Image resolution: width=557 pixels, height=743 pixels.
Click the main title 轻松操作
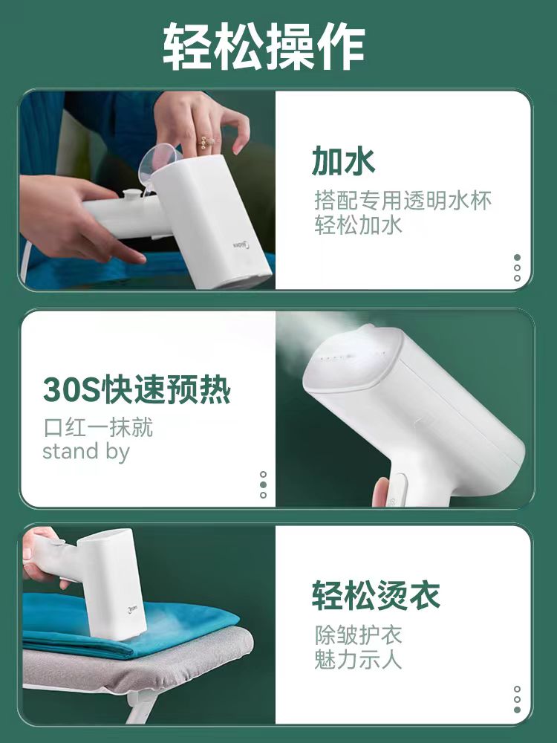coord(264,46)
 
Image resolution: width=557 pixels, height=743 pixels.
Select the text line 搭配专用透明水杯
coord(403,201)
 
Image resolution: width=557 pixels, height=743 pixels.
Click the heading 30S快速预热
coord(137,390)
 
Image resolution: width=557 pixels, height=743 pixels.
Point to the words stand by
coord(85,451)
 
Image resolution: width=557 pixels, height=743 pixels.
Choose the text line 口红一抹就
coord(98,428)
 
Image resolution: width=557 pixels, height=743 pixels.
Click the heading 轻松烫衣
coord(376,595)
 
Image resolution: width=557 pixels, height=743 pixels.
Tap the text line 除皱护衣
coord(358,635)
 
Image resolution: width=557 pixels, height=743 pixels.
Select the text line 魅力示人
coord(358,659)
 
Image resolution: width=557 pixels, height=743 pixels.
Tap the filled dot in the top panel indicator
coord(517,258)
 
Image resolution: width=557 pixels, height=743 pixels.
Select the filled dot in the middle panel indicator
coord(263,484)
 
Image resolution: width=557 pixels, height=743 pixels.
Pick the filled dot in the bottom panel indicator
coord(517,710)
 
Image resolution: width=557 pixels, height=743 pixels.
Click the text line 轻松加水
coord(358,226)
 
